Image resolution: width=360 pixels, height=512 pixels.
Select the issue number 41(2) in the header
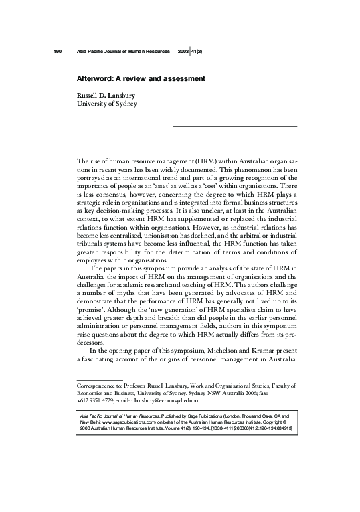click(198, 52)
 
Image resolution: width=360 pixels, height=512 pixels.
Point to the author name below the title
click(107, 95)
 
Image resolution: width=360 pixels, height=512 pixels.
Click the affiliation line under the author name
click(106, 104)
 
